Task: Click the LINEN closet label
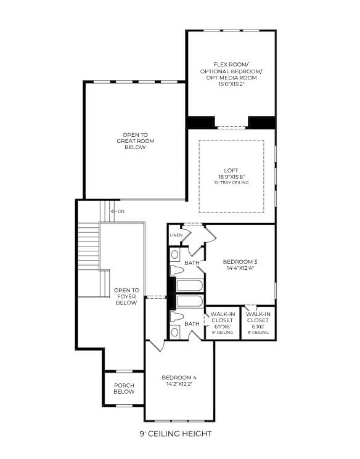point(176,235)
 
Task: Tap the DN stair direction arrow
point(114,211)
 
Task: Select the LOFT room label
point(231,171)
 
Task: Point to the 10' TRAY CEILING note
point(231,182)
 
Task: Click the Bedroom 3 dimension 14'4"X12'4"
point(240,268)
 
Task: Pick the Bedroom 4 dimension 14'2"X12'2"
point(179,384)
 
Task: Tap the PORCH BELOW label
point(124,388)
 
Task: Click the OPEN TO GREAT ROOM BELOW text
point(136,141)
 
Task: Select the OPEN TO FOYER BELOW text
point(126,296)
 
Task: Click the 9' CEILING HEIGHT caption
point(176,434)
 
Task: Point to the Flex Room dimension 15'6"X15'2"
point(231,84)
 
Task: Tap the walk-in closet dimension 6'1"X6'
point(222,327)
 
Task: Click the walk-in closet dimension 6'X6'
point(258,327)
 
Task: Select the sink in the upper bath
point(175,254)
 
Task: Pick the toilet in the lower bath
point(177,317)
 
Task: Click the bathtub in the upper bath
point(190,286)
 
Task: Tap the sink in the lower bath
point(175,331)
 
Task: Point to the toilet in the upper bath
point(177,270)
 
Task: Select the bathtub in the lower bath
point(190,301)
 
